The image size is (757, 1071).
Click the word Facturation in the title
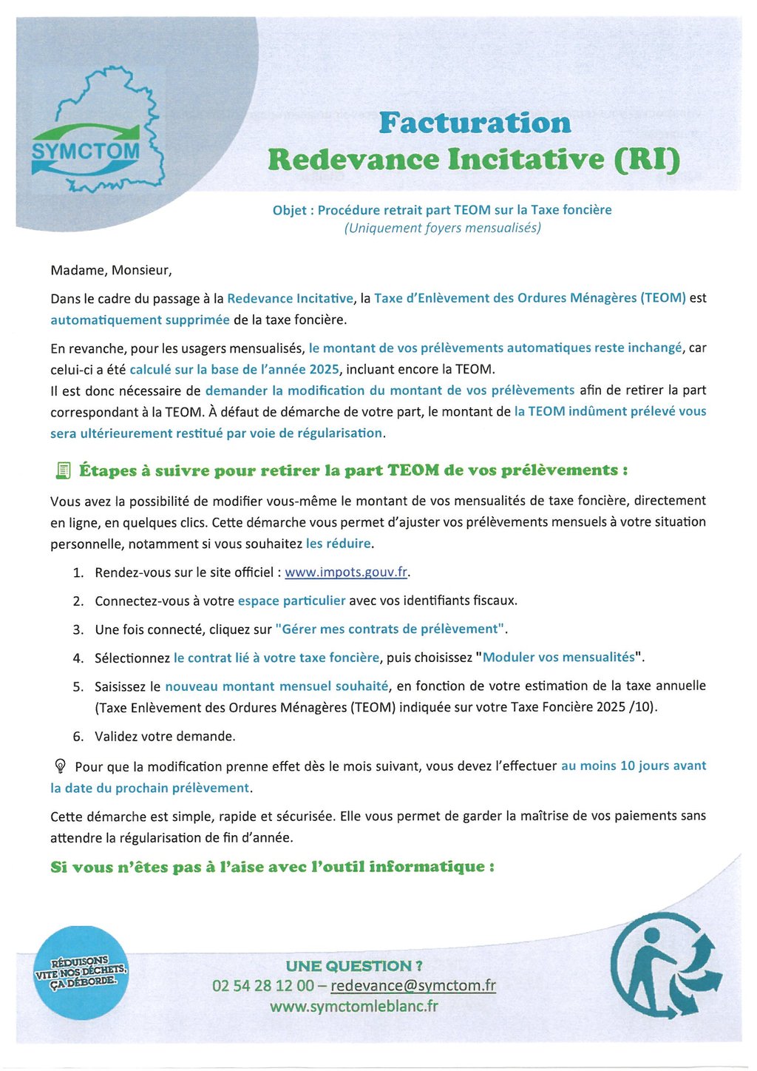(475, 123)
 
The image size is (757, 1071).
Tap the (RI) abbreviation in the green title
(647, 159)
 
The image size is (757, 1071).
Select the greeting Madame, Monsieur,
(111, 270)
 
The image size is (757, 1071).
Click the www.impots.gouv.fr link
(346, 572)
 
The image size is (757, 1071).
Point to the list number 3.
(78, 629)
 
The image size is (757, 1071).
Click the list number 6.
(78, 737)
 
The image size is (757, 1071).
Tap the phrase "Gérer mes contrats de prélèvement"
(390, 629)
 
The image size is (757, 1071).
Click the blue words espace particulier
(291, 601)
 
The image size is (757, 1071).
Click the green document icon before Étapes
(63, 470)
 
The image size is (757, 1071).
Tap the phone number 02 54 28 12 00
(262, 986)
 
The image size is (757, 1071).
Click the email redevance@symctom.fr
(413, 986)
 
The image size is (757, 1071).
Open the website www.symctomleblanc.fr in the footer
(353, 1007)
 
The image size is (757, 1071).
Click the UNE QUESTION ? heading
(354, 966)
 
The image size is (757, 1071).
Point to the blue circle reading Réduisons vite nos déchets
(81, 972)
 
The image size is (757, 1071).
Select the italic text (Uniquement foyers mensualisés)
(442, 228)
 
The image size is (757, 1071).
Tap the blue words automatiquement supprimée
(140, 320)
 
